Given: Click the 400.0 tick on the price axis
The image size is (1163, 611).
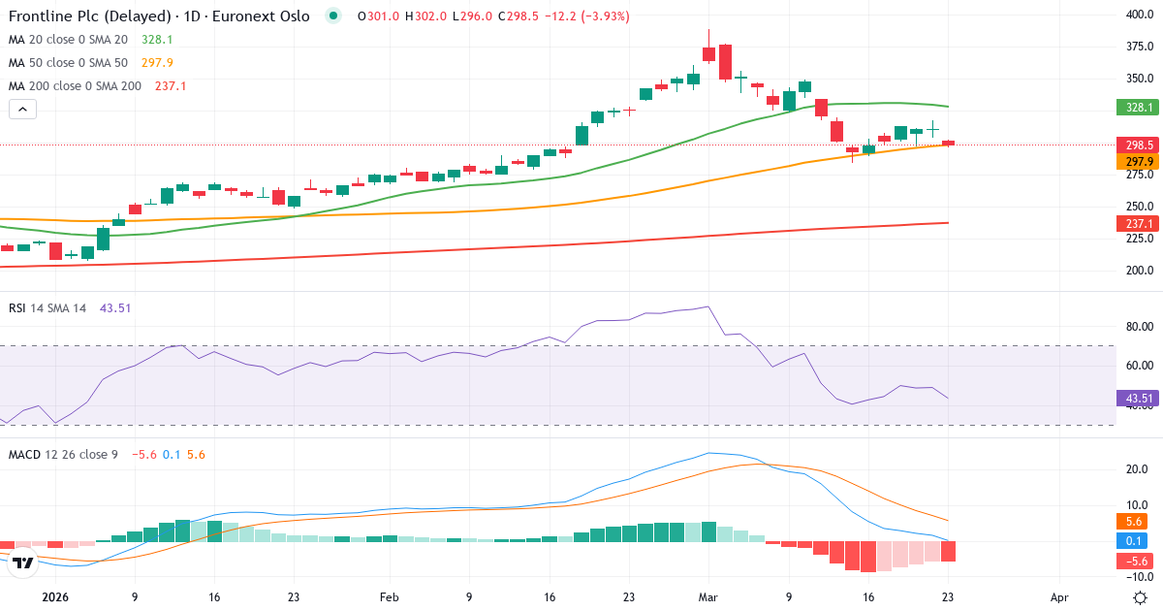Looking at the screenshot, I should (1138, 15).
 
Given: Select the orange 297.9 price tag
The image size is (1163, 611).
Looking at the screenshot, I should (1140, 161).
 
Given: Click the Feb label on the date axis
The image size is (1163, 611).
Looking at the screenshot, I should (389, 597).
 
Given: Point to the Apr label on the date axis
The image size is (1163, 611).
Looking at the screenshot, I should (1059, 597).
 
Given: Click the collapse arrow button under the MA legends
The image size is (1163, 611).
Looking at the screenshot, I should (22, 110).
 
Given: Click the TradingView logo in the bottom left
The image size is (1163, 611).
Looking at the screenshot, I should (24, 562).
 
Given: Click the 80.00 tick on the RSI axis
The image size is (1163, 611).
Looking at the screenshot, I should (1138, 326).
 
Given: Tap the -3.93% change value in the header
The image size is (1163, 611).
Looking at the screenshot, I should (602, 16).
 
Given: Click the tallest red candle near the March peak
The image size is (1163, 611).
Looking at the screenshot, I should (724, 62).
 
